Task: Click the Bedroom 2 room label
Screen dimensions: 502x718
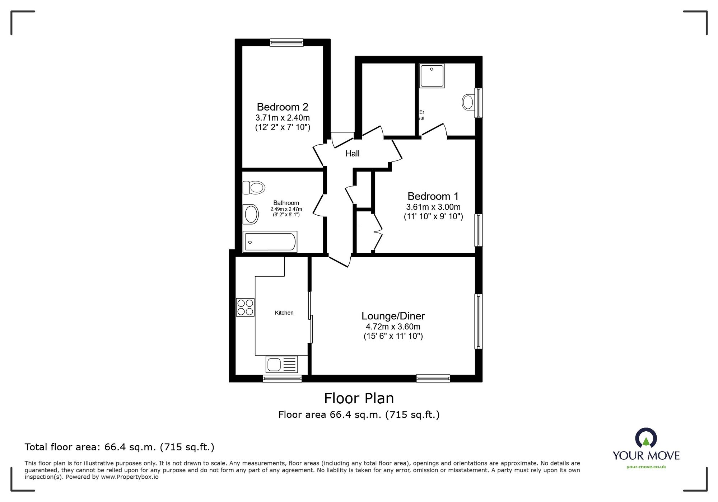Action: point(283,107)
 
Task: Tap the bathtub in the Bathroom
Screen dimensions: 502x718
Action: point(270,242)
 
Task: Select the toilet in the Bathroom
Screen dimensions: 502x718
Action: point(254,187)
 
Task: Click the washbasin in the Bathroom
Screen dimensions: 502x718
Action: point(251,215)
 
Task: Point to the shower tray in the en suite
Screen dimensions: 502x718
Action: point(432,76)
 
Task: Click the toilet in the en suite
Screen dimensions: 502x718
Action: point(468,102)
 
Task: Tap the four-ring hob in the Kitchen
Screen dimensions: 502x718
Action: point(245,308)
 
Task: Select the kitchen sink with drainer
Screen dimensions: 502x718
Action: point(282,364)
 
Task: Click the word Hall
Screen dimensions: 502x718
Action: point(352,154)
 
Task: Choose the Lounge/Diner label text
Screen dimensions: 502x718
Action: point(393,316)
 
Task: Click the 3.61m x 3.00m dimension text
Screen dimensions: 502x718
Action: point(433,207)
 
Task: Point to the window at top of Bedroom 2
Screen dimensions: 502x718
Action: point(286,43)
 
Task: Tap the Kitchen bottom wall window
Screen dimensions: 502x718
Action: point(282,379)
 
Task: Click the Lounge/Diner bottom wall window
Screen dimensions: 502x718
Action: point(433,378)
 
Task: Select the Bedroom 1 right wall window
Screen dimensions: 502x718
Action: point(478,230)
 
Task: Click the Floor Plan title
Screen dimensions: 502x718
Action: point(359,398)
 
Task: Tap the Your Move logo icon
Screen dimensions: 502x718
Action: point(646,438)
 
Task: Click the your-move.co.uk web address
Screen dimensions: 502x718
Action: point(646,467)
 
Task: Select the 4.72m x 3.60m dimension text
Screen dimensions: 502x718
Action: point(393,327)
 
